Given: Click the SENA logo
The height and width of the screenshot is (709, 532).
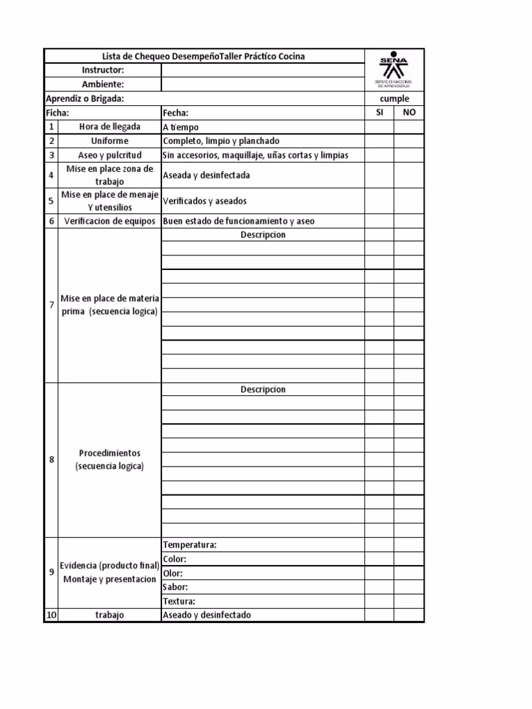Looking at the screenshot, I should pyautogui.click(x=393, y=69).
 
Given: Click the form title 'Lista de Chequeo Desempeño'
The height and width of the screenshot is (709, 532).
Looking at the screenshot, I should pyautogui.click(x=204, y=56).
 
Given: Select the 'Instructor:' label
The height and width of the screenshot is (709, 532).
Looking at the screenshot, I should pyautogui.click(x=103, y=71).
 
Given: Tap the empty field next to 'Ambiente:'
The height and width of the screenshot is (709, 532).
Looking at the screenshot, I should pyautogui.click(x=263, y=84).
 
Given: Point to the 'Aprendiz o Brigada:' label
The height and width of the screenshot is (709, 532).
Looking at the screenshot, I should pyautogui.click(x=85, y=98).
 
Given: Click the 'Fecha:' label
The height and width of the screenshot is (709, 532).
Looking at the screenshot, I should pyautogui.click(x=175, y=113).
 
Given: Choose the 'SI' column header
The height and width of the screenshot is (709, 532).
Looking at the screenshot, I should pyautogui.click(x=380, y=112).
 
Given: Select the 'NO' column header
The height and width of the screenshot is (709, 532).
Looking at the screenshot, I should pyautogui.click(x=409, y=112).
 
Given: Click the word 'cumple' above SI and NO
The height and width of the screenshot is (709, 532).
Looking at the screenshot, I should pyautogui.click(x=394, y=99).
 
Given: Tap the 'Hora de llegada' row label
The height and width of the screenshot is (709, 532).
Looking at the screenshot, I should pyautogui.click(x=109, y=127).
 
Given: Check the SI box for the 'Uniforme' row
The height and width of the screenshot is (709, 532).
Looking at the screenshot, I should pyautogui.click(x=380, y=141).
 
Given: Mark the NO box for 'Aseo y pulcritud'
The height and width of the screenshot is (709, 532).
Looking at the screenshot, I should pyautogui.click(x=409, y=155).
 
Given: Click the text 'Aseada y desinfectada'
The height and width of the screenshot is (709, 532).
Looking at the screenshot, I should pyautogui.click(x=206, y=175).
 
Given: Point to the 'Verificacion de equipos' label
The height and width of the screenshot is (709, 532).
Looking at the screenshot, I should pyautogui.click(x=109, y=222).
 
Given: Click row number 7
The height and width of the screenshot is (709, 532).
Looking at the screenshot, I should pyautogui.click(x=51, y=305).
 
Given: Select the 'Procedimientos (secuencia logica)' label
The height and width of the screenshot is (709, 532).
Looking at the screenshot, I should pyautogui.click(x=109, y=460).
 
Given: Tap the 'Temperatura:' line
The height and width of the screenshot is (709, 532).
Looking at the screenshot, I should pyautogui.click(x=190, y=545).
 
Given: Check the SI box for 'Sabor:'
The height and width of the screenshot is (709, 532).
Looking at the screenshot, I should pyautogui.click(x=380, y=587).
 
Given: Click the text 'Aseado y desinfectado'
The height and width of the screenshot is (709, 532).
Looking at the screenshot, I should pyautogui.click(x=206, y=615).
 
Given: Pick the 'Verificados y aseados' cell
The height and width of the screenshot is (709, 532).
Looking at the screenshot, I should pyautogui.click(x=204, y=201).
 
